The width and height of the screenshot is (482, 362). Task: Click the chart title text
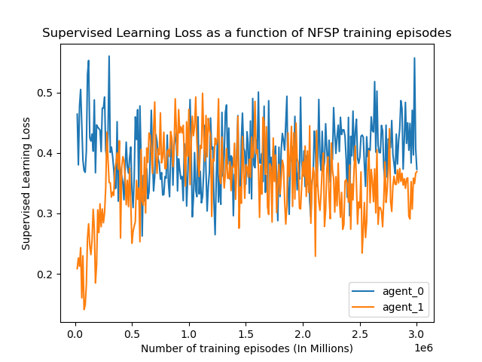(x=246, y=33)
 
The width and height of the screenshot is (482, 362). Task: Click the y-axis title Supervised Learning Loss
(x=26, y=183)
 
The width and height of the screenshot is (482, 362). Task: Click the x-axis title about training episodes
(x=246, y=348)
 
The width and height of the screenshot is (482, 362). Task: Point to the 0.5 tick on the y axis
(x=47, y=93)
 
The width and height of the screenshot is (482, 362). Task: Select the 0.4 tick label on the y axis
(x=47, y=153)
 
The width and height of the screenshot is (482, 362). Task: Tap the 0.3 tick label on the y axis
(x=47, y=213)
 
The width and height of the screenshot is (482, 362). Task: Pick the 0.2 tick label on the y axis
(x=47, y=274)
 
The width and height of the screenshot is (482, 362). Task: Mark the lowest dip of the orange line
(x=84, y=308)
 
